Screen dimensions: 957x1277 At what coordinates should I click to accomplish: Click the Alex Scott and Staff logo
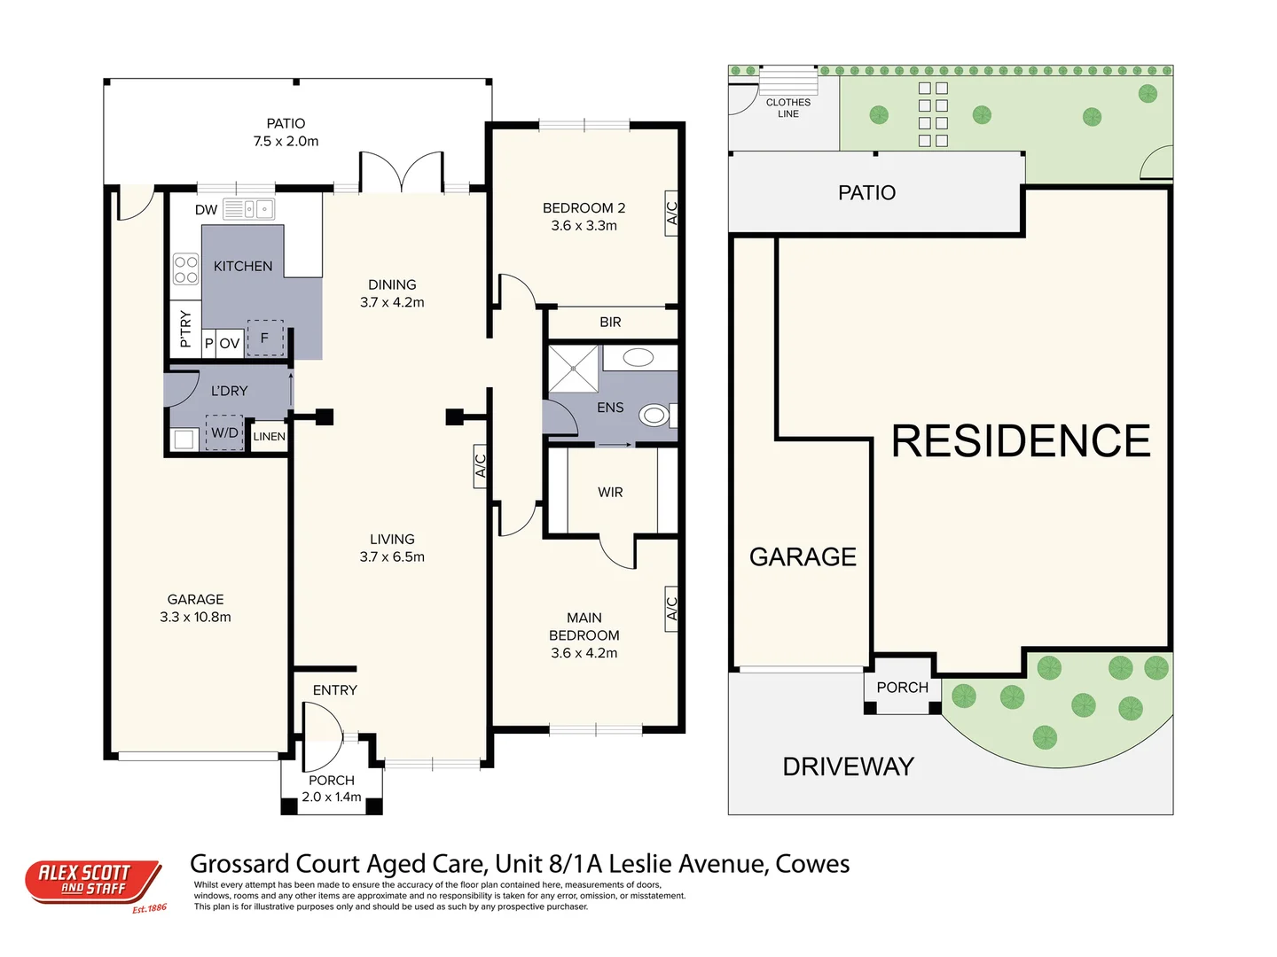(x=93, y=883)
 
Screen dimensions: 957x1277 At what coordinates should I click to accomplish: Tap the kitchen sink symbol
(x=248, y=209)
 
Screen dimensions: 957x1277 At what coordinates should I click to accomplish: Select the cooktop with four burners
(x=186, y=269)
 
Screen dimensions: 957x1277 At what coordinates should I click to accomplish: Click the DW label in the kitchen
(x=206, y=210)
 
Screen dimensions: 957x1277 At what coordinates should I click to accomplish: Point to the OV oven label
(x=230, y=344)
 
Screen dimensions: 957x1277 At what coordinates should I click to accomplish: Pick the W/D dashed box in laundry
(x=224, y=432)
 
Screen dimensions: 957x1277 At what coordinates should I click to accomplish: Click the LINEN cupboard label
(x=270, y=437)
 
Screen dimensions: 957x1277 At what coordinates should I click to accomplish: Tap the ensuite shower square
(x=574, y=369)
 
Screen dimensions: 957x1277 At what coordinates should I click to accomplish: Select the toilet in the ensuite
(x=655, y=415)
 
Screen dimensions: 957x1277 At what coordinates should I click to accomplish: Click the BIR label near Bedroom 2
(x=610, y=323)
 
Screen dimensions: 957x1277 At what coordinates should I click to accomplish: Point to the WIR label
(x=610, y=493)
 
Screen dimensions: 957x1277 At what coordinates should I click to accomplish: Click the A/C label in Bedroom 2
(x=671, y=214)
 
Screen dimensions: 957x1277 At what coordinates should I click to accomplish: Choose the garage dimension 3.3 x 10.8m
(x=195, y=618)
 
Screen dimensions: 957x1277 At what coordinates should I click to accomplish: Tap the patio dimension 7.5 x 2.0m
(x=286, y=142)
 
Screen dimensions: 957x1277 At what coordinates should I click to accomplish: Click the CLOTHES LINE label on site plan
(x=787, y=108)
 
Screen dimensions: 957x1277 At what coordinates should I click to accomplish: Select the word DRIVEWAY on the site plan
(x=848, y=766)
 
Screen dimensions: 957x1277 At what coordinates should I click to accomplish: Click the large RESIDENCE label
(x=1020, y=441)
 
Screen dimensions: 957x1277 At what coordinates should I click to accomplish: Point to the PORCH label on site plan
(x=902, y=688)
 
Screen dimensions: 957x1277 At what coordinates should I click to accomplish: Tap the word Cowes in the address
(x=812, y=864)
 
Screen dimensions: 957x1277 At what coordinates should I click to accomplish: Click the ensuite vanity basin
(x=638, y=358)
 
